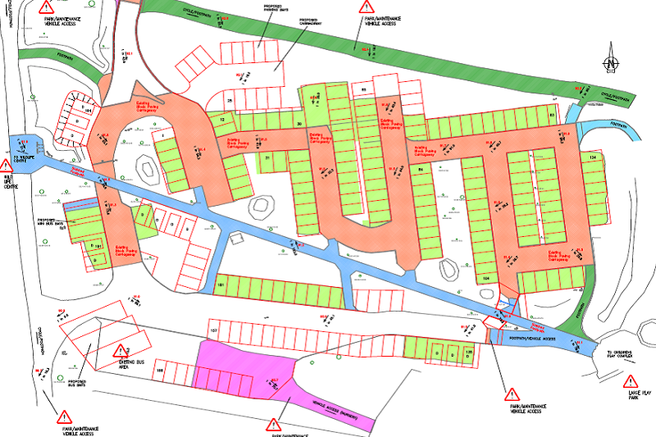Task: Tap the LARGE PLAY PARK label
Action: click(631, 399)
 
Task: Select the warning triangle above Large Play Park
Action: click(631, 381)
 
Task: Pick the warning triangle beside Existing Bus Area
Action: click(125, 349)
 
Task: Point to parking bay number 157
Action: click(216, 330)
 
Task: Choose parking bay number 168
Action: click(161, 372)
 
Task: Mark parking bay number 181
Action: click(220, 285)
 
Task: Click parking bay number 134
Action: click(592, 157)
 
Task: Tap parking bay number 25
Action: click(230, 100)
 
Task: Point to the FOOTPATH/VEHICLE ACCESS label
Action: click(533, 337)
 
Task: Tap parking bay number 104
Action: click(485, 279)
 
